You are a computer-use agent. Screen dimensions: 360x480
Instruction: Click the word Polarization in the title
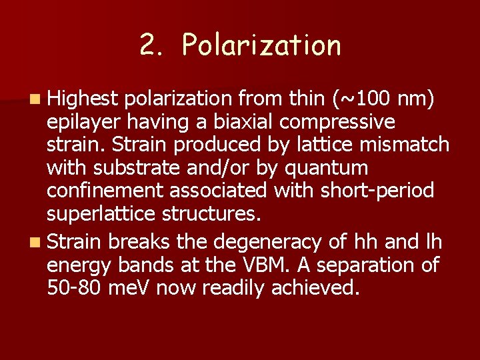point(261,45)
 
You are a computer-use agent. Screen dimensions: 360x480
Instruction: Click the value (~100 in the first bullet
point(360,99)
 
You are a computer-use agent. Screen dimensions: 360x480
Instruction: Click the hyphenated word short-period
point(377,191)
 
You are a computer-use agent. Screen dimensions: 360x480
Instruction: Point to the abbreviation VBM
point(271,265)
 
